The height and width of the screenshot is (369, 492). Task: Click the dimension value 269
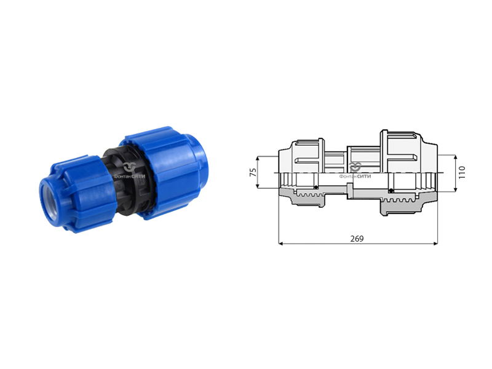pyautogui.click(x=357, y=239)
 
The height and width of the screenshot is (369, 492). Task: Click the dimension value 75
pyautogui.click(x=253, y=172)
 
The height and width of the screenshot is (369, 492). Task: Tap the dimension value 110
pyautogui.click(x=462, y=173)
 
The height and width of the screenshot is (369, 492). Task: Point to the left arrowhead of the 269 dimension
pyautogui.click(x=281, y=243)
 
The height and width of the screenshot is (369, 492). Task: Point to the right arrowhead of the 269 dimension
pyautogui.click(x=435, y=243)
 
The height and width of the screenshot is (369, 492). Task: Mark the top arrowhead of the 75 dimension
pyautogui.click(x=258, y=159)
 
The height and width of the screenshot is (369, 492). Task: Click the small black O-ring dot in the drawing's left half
pyautogui.click(x=316, y=188)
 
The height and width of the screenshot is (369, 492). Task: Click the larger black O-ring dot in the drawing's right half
pyautogui.click(x=391, y=191)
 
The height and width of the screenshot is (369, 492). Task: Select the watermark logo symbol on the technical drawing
pyautogui.click(x=355, y=167)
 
